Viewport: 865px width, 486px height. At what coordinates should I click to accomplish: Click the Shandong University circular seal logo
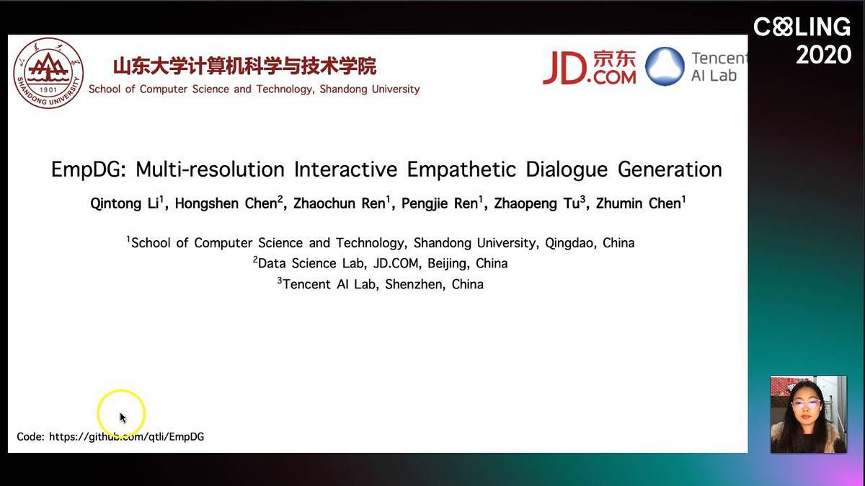click(x=48, y=74)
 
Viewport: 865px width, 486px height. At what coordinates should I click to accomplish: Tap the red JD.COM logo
click(x=590, y=68)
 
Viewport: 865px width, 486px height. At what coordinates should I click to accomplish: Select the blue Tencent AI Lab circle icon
click(x=665, y=66)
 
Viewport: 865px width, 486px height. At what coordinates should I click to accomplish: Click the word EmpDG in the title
click(x=89, y=169)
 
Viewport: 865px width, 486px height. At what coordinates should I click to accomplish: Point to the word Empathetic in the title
click(x=461, y=169)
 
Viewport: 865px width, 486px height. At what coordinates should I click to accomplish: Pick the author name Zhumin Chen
click(x=640, y=203)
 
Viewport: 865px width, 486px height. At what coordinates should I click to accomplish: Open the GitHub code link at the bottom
click(x=126, y=437)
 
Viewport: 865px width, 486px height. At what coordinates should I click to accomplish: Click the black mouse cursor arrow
click(x=123, y=418)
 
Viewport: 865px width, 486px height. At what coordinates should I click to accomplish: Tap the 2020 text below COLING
click(x=823, y=55)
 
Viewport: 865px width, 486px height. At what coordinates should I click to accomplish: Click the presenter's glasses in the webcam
click(x=806, y=405)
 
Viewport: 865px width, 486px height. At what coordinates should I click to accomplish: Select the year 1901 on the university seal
click(x=48, y=90)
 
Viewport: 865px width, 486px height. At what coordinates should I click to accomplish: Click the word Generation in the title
click(x=670, y=169)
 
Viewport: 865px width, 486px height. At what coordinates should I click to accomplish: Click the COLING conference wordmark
click(x=802, y=27)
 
